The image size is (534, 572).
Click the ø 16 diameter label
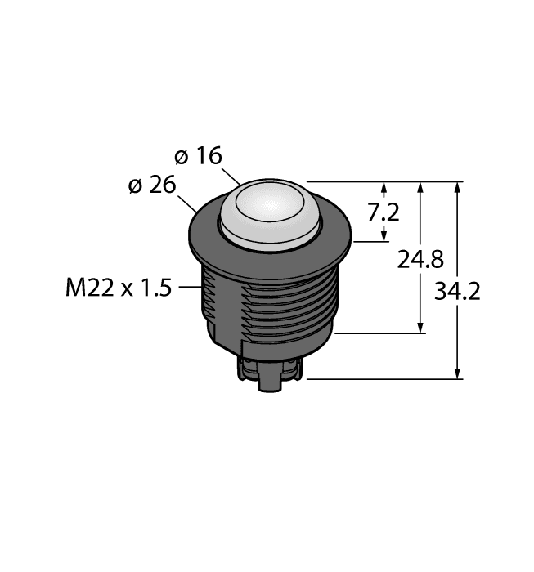199,156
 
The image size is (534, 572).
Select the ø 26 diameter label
152,185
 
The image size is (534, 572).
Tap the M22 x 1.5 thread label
118,288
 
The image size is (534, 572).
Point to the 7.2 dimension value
384,212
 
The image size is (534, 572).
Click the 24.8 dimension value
420,260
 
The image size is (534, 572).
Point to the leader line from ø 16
233,176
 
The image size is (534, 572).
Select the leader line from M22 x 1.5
189,287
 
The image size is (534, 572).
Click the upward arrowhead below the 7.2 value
384,237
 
